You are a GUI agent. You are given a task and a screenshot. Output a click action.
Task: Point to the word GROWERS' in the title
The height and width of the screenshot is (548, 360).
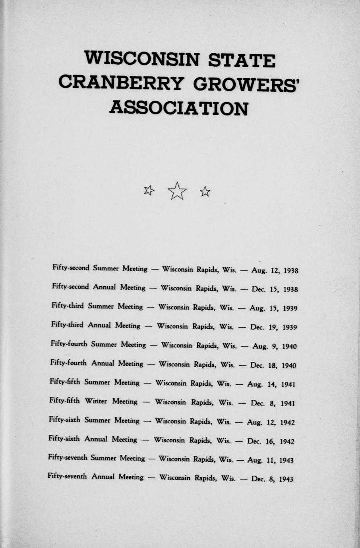(x=246, y=84)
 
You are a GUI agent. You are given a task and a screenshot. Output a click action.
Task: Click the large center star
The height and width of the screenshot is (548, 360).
(x=177, y=191)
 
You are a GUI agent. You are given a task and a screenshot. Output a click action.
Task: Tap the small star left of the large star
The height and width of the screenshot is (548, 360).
(x=149, y=191)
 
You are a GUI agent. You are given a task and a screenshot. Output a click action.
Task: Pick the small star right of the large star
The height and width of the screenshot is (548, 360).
(x=205, y=192)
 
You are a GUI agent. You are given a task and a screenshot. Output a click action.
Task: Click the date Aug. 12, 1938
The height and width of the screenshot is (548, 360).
(x=275, y=271)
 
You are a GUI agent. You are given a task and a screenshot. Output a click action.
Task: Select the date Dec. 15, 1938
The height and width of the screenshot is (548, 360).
(x=275, y=289)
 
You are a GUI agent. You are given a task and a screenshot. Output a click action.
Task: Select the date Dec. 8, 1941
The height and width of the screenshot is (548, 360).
(x=273, y=403)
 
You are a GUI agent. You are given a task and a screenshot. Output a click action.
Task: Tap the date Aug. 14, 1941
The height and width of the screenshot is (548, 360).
(x=271, y=384)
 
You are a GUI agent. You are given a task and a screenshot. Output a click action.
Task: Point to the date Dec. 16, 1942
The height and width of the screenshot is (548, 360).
(x=271, y=441)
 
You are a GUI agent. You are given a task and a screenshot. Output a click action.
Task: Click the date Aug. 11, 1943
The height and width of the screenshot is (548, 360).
(x=270, y=460)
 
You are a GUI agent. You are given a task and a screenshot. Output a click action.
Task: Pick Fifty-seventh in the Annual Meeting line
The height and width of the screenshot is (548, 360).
(x=67, y=476)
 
